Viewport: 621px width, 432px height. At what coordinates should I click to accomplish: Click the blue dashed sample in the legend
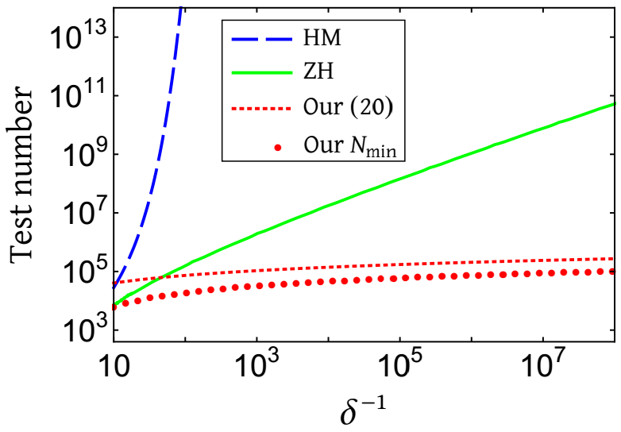click(x=255, y=37)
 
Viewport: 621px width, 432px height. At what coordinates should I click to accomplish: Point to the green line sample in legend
click(x=255, y=72)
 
